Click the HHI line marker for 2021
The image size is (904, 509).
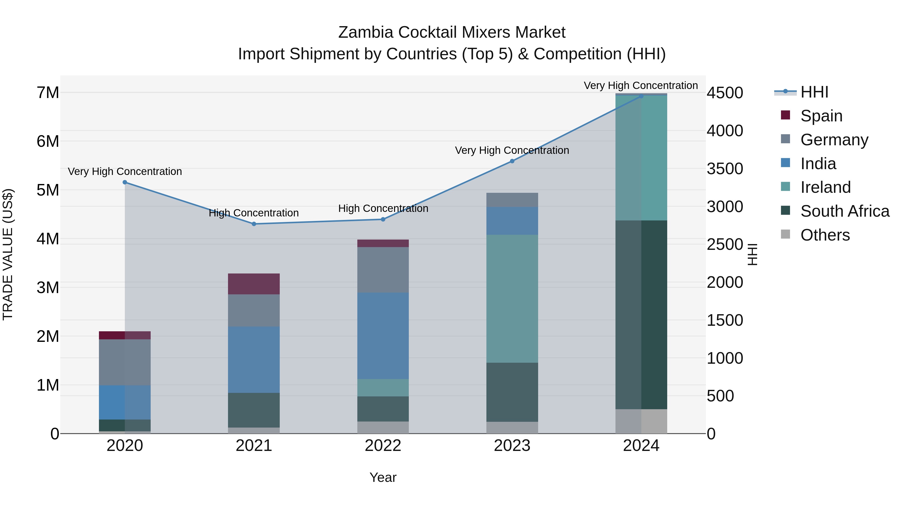254,224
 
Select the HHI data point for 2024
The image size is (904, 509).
641,96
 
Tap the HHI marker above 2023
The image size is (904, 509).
512,161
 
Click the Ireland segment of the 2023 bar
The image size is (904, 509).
512,299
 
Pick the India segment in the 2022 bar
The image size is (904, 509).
383,336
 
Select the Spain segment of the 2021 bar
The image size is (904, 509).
254,284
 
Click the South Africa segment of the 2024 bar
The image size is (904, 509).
641,314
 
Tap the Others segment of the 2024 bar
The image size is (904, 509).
641,421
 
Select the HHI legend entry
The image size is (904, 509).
814,92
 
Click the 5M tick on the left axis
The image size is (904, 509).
48,190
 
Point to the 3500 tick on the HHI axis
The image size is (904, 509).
725,169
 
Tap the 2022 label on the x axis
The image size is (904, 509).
383,446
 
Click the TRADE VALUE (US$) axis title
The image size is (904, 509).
8,254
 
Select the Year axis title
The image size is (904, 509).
383,477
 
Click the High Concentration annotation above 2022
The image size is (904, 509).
383,208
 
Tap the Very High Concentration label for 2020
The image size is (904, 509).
125,171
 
